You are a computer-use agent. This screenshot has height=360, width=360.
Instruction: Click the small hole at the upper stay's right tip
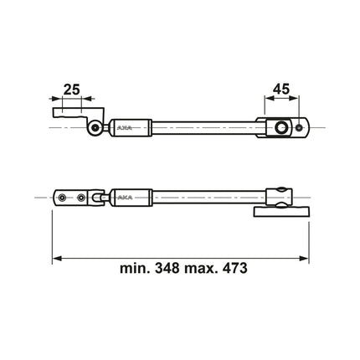point(300,127)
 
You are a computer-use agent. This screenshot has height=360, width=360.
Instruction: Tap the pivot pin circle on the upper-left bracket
point(97,127)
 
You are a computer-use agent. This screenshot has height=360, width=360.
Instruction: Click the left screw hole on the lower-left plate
point(63,198)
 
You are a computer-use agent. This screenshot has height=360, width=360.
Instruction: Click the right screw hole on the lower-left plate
point(80,198)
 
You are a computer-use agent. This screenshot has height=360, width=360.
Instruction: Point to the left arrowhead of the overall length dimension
point(56,256)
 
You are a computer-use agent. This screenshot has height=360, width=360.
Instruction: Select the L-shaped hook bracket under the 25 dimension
point(75,110)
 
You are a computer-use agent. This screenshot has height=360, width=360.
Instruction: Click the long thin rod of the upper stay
point(205,127)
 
